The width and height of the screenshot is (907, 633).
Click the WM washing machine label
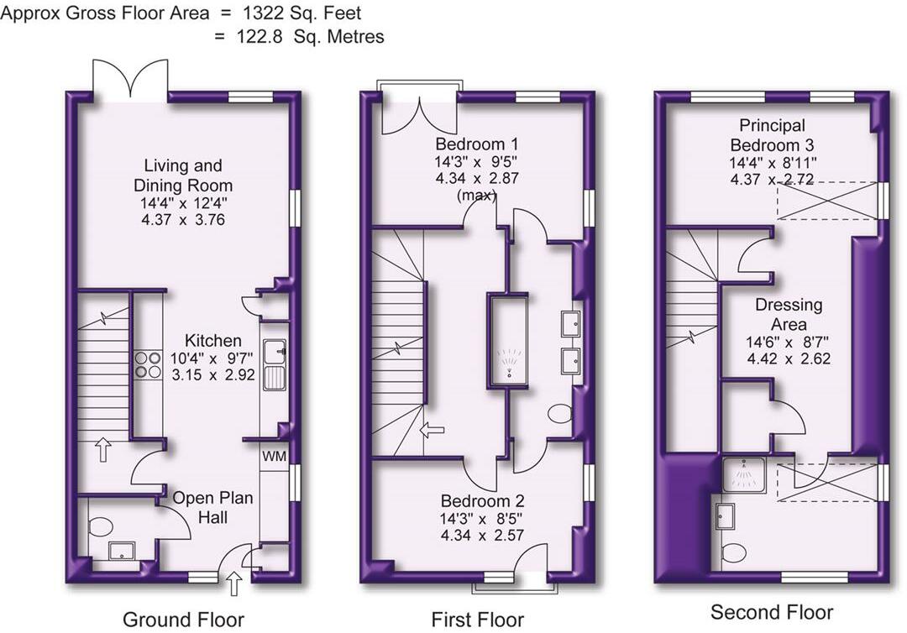tap(274, 457)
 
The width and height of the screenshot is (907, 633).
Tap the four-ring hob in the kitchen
tap(149, 364)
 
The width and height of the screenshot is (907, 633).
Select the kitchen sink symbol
tap(274, 364)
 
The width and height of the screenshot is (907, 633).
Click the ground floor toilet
tap(101, 527)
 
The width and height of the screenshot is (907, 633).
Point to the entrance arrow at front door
tap(233, 582)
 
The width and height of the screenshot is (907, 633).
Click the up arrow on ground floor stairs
tap(103, 449)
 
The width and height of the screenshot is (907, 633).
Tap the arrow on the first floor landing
tap(433, 431)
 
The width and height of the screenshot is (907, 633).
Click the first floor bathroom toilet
tap(560, 414)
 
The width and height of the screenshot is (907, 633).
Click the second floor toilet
tap(734, 552)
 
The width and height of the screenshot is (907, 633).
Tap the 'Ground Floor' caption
tap(183, 620)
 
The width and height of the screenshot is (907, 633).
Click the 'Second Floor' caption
tap(772, 611)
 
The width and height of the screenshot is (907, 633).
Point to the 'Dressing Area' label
tap(788, 314)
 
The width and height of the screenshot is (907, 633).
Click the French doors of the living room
tap(130, 80)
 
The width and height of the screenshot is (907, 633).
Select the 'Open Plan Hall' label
tap(212, 508)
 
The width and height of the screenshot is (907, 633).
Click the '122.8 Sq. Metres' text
tap(311, 36)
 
